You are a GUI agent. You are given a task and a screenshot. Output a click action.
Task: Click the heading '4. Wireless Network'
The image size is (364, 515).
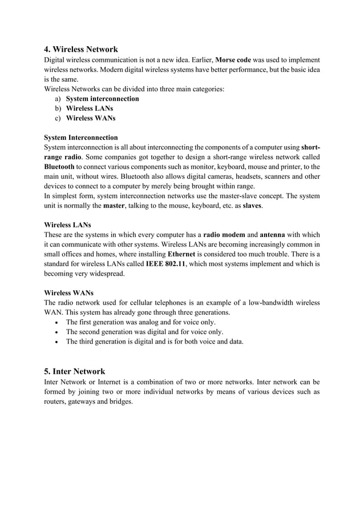coord(81,49)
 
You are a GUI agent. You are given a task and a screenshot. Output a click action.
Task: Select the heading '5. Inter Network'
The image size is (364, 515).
coord(74,371)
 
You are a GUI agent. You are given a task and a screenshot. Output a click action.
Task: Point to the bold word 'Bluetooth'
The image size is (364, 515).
coord(59,167)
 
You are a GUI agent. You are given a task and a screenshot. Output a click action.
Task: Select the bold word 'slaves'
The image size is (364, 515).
coord(252,206)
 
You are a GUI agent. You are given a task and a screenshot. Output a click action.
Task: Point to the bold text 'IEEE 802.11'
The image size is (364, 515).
coord(165,264)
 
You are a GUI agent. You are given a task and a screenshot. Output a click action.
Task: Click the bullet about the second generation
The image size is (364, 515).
coord(144,332)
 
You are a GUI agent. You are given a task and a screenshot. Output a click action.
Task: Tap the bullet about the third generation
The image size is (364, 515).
coord(155,341)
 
